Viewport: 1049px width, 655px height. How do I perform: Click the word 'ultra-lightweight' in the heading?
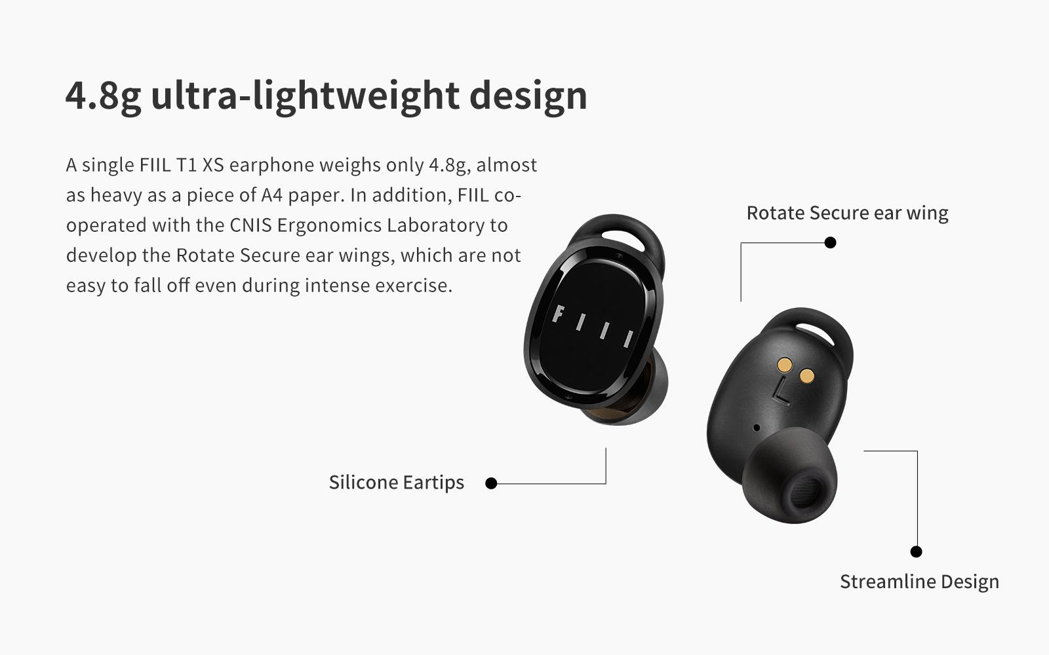coord(305,96)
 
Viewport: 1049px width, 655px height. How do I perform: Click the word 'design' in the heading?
coord(528,96)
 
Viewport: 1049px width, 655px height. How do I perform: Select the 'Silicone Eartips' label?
coord(396,482)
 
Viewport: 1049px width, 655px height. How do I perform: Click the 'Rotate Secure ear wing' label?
coord(847,214)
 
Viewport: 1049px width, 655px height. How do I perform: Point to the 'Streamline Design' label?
coord(919,582)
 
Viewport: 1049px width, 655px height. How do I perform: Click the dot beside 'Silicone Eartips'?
coord(491,483)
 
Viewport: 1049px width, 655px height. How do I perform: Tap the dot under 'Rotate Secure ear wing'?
coord(830,242)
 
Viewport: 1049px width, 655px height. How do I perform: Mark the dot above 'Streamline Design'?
coord(916,552)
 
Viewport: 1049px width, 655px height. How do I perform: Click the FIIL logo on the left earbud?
coord(593,326)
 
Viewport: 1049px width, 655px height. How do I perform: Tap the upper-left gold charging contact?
coord(784,364)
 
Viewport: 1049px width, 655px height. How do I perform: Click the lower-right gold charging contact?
coord(807,376)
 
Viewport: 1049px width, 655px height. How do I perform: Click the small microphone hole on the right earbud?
coord(757,428)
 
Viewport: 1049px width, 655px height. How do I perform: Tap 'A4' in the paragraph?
coord(272,195)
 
